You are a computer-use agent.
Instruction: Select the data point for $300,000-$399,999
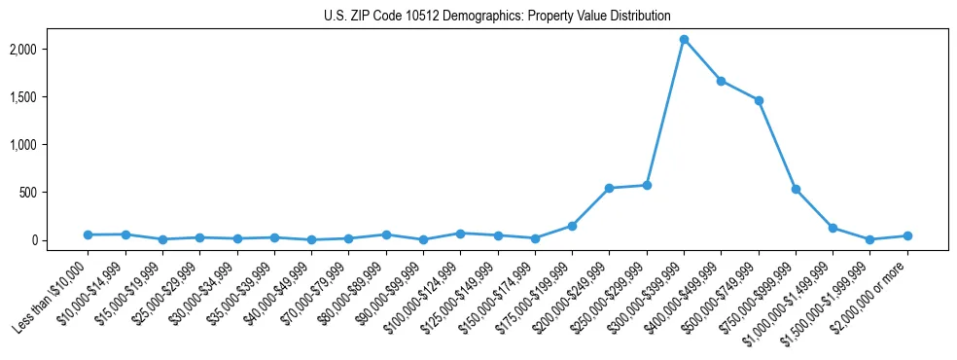pyautogui.click(x=684, y=40)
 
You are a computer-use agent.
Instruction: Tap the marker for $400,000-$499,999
pyautogui.click(x=721, y=81)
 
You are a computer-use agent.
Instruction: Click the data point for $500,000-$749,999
pyautogui.click(x=759, y=100)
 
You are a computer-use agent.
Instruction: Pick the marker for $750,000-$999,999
pyautogui.click(x=796, y=189)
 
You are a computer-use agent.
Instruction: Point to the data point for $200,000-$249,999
pyautogui.click(x=609, y=188)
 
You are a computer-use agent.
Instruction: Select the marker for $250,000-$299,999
pyautogui.click(x=647, y=185)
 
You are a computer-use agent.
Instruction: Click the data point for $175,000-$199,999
pyautogui.click(x=572, y=226)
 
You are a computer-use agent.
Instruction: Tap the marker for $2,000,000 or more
pyautogui.click(x=907, y=235)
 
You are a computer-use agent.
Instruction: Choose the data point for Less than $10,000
pyautogui.click(x=88, y=234)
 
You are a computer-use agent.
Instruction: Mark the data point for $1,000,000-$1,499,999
pyautogui.click(x=833, y=228)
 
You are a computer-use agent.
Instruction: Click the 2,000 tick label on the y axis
pyautogui.click(x=51, y=49)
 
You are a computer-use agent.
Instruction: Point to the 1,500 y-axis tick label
pyautogui.click(x=51, y=96)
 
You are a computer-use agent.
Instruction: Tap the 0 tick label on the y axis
pyautogui.click(x=62, y=239)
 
